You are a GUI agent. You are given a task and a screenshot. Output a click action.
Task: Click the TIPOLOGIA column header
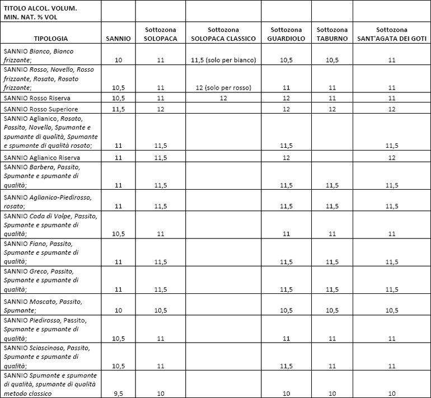[x=51, y=39]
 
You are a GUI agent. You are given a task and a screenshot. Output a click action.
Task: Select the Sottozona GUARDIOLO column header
[x=286, y=34]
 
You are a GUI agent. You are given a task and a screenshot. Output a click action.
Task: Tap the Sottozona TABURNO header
[x=332, y=34]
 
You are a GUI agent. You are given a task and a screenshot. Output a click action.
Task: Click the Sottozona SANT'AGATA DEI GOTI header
[x=392, y=34]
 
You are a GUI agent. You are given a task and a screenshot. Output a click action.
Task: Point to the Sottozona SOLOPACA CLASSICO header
[x=223, y=34]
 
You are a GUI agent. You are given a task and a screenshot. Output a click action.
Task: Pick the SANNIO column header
[x=118, y=39]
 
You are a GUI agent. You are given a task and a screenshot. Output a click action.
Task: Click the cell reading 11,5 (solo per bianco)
[x=223, y=59]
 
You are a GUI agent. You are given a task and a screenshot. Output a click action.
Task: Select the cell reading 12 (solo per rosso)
[x=223, y=87]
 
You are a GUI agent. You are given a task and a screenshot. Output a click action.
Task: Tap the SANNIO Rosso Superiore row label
[x=41, y=109]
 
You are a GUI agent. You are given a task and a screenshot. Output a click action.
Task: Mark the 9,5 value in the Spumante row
[x=118, y=393]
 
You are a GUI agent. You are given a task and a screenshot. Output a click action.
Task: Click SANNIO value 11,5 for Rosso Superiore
[x=118, y=109]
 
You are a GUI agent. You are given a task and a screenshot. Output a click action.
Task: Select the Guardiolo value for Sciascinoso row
[x=286, y=366]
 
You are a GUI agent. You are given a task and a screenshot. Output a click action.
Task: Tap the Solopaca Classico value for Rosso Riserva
[x=223, y=98]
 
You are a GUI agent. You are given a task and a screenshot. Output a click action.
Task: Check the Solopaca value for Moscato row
[x=161, y=310]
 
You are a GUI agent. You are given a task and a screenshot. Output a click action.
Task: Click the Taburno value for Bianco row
[x=332, y=59]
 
